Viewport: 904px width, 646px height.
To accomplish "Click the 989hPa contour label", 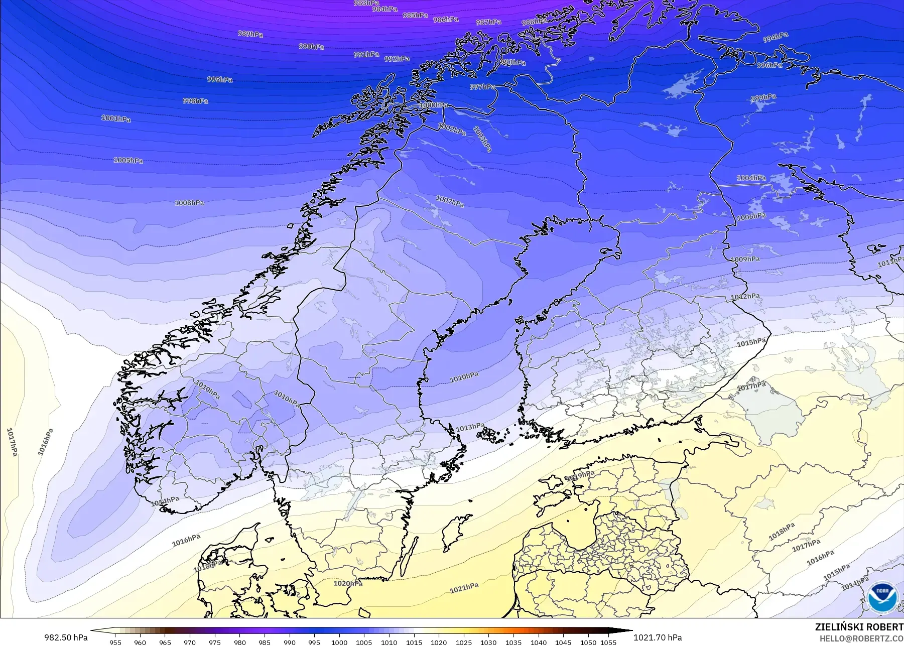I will [250, 34].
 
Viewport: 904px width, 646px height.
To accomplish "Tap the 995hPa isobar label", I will [220, 80].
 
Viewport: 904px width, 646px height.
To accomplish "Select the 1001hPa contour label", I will [116, 119].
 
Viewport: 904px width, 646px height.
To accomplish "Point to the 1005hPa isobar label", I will [128, 161].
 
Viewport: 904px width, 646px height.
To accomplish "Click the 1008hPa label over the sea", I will [189, 203].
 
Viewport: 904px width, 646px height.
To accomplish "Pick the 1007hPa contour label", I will [450, 201].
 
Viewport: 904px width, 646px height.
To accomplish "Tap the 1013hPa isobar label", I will [470, 428].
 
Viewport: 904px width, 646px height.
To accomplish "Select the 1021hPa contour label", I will [464, 588].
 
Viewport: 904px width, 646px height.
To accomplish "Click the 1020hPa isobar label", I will [348, 583].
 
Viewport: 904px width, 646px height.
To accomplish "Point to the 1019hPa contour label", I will [580, 475].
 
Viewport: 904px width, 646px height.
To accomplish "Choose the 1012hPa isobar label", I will [745, 297].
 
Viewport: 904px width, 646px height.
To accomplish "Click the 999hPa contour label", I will [763, 98].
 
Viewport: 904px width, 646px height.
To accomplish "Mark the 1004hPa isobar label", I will [751, 178].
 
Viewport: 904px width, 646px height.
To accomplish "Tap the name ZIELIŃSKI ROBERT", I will [859, 627].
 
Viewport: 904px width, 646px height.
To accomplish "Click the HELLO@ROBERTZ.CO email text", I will [861, 638].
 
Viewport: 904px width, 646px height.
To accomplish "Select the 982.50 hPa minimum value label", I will [66, 637].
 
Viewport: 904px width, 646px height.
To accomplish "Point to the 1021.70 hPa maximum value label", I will [658, 637].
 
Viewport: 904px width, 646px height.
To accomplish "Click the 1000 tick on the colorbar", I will [339, 642].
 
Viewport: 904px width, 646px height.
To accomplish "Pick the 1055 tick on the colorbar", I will [608, 642].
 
